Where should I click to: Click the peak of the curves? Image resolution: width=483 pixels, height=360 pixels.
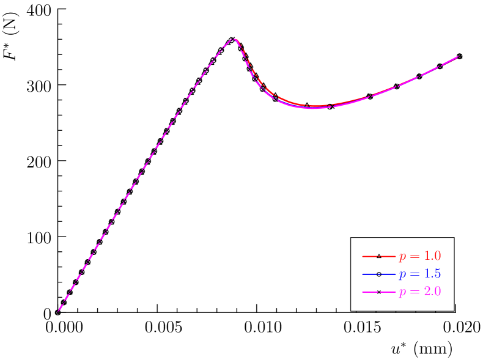tap(233, 39)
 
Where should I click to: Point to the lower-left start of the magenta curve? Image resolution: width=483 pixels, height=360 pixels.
tap(59, 311)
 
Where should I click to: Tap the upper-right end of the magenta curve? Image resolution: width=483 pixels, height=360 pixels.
tap(459, 56)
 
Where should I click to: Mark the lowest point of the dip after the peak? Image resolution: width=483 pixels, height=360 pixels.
tap(313, 108)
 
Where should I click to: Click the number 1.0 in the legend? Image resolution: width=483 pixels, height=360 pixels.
tap(432, 256)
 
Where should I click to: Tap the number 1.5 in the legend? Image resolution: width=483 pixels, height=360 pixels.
tap(432, 274)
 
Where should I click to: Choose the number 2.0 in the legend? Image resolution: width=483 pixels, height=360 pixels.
tap(432, 292)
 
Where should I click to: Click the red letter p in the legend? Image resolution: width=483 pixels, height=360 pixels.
tap(402, 257)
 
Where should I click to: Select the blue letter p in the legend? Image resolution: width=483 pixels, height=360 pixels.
tap(402, 275)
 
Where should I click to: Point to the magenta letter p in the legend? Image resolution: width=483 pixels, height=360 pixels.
tap(402, 293)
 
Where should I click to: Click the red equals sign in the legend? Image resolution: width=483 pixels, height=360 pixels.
tap(414, 256)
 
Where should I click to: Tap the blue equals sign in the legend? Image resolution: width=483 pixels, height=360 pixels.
tap(414, 274)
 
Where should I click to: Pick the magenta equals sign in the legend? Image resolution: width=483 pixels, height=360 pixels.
tap(414, 292)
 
